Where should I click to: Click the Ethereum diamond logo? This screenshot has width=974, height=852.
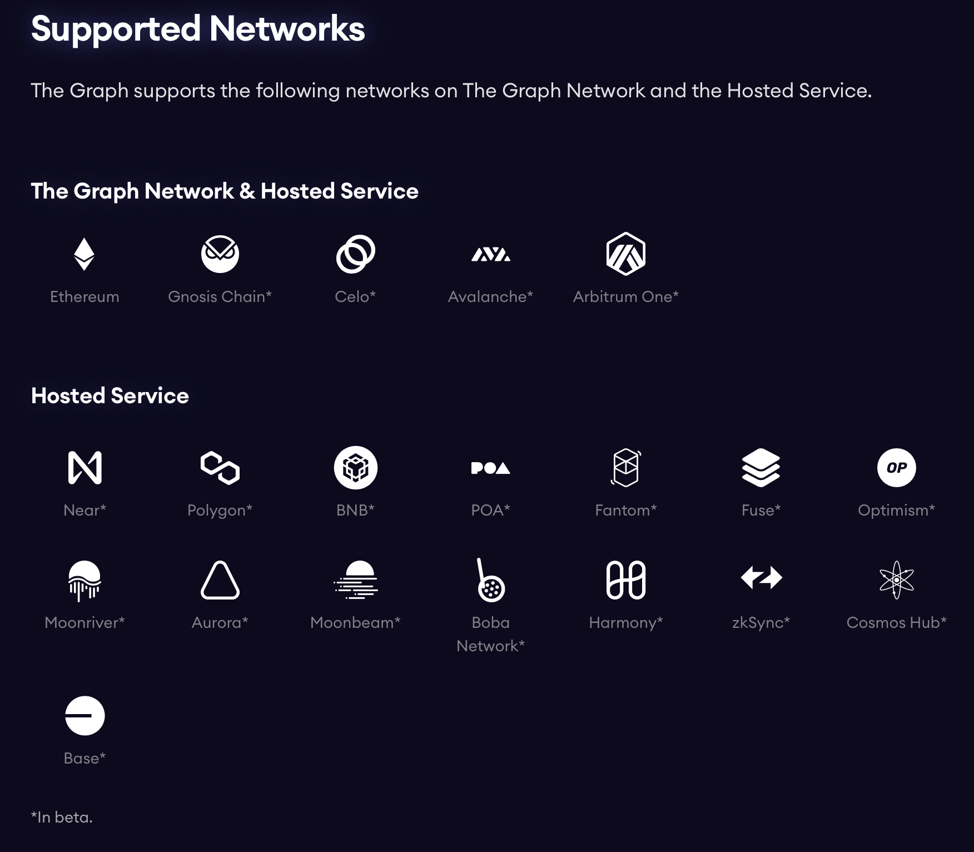pos(84,254)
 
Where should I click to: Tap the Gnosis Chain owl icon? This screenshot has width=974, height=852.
pos(220,254)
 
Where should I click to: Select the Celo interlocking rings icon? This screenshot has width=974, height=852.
pos(355,254)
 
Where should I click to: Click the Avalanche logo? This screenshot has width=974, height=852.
pos(490,255)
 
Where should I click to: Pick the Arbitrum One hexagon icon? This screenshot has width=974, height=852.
pos(625,254)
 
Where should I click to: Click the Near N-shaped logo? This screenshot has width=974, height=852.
pos(85,468)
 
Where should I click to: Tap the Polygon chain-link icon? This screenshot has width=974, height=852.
pos(220,468)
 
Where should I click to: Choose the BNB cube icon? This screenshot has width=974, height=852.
pos(355,468)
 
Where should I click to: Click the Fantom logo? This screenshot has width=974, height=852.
pos(625,468)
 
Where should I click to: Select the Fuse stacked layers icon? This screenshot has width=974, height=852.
pos(761,468)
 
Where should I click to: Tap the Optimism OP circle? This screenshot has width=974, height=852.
pos(896,468)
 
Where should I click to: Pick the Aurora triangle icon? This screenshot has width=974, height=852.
pos(220,581)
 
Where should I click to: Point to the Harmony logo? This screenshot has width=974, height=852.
pos(625,580)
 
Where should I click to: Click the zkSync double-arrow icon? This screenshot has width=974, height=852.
pos(761,578)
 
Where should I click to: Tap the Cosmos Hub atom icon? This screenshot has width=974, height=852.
pos(896,579)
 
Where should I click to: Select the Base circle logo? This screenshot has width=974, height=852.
pos(85,716)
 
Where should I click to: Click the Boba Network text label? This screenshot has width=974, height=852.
pos(490,634)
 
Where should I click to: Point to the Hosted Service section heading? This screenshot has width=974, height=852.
pos(110,396)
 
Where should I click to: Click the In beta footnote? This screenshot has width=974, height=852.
pos(62,817)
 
